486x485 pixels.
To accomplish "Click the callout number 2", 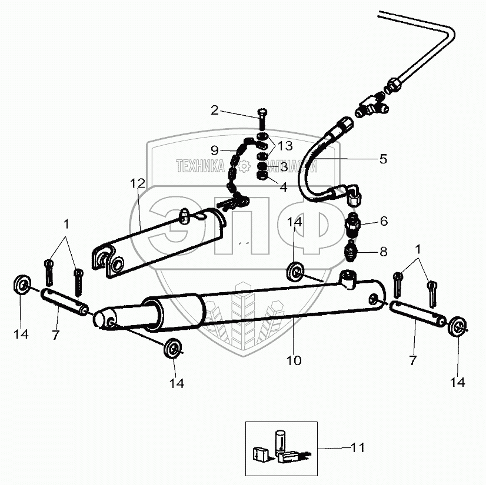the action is tap(215, 109).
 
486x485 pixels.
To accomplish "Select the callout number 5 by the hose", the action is tap(383, 159).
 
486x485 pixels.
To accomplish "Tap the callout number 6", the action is tap(384, 221).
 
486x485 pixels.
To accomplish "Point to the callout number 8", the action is tap(383, 252).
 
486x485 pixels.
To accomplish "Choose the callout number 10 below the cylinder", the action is tap(294, 360).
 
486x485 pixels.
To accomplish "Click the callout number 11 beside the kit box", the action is tap(358, 449).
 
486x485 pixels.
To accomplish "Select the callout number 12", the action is tap(137, 183).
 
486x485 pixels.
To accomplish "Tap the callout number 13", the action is tap(284, 146).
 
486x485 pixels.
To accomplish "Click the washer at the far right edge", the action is tap(458, 327).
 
